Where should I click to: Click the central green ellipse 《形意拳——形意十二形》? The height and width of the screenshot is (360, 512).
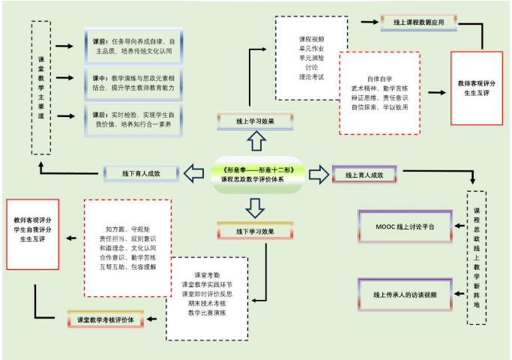(257, 175)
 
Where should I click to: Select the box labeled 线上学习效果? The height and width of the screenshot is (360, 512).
(250, 118)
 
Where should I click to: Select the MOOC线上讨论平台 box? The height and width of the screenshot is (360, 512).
(405, 224)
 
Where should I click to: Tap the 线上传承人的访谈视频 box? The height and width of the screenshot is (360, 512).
(405, 295)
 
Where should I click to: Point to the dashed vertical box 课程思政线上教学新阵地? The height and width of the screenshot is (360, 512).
(476, 256)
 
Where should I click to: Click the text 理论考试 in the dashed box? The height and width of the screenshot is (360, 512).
(311, 76)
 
